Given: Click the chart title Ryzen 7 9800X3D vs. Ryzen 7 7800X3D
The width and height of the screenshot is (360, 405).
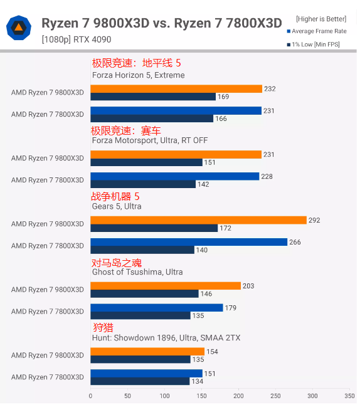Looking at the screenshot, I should [x=161, y=24].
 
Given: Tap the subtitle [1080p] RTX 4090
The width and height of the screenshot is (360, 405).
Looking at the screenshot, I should [x=77, y=39].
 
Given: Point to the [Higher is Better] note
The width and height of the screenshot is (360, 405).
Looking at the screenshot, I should [x=321, y=19].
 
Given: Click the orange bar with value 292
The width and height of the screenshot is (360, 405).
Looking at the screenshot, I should [x=198, y=220].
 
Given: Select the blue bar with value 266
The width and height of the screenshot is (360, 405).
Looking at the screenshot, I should [x=189, y=242].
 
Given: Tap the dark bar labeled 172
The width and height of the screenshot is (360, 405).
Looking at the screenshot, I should [x=154, y=228].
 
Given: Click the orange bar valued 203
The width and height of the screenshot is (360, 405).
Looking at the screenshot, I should [x=166, y=286].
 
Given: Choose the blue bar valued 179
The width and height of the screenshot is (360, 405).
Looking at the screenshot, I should [x=157, y=308].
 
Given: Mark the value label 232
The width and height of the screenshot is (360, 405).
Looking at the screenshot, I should [x=270, y=89].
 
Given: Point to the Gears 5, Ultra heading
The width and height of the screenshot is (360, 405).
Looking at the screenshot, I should [x=117, y=206].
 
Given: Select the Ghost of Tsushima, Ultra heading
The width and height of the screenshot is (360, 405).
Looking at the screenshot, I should [x=137, y=272].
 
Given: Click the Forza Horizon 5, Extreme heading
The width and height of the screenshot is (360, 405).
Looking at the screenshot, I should [x=138, y=75].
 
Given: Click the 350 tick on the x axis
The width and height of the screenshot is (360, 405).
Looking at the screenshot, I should [x=349, y=396].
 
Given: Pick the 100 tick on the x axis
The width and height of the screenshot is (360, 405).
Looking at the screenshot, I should [x=164, y=396].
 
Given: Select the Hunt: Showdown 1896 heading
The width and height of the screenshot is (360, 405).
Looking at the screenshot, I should [x=166, y=338].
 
